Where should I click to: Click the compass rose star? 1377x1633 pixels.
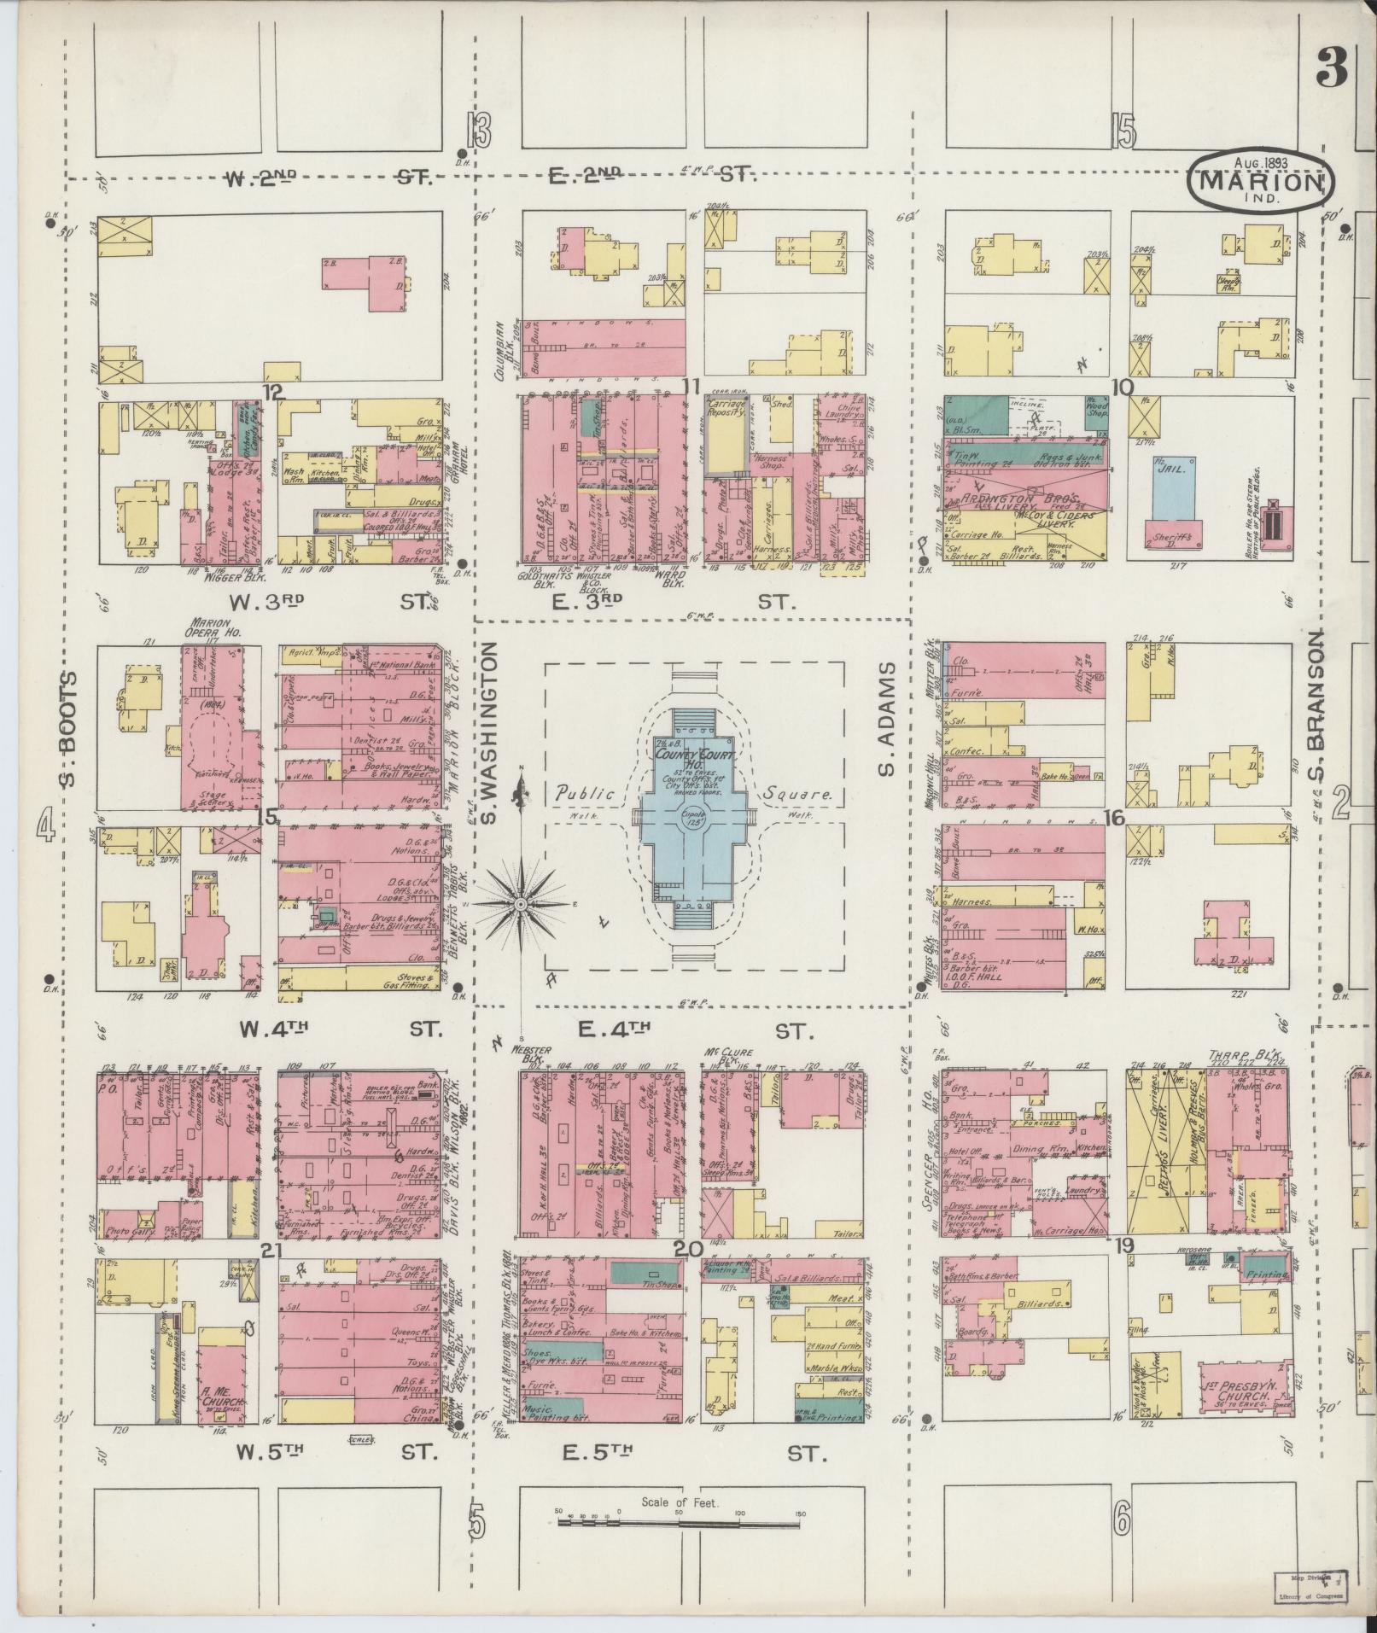pyautogui.click(x=520, y=903)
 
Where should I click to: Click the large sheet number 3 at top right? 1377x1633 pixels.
pyautogui.click(x=1331, y=67)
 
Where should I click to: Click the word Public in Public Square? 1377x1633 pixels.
pyautogui.click(x=586, y=794)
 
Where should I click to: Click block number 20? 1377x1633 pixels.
pyautogui.click(x=687, y=1249)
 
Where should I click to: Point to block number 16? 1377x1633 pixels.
pyautogui.click(x=1113, y=818)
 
